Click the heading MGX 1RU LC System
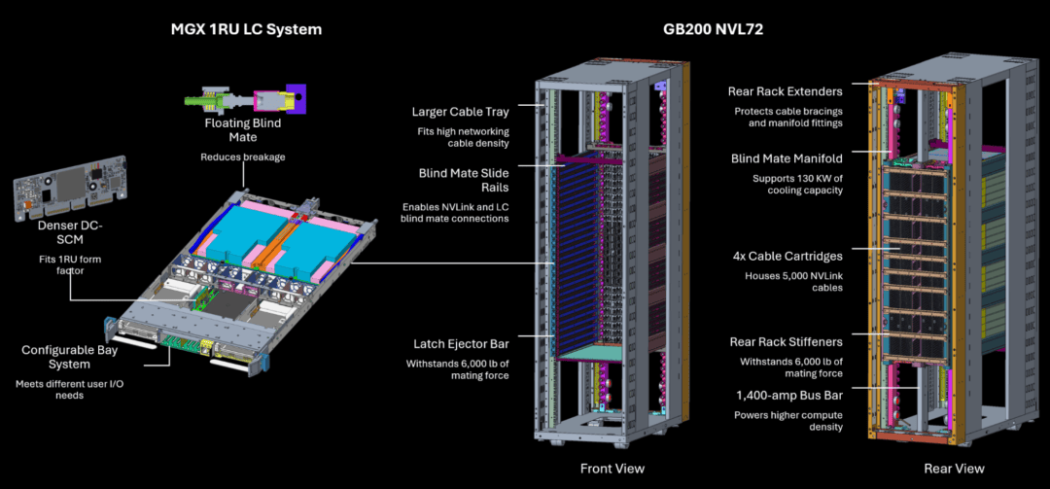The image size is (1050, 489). [246, 29]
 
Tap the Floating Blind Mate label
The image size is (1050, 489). [242, 130]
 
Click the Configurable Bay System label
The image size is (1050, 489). [69, 357]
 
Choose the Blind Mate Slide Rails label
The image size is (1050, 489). [456, 180]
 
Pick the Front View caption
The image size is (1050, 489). [612, 469]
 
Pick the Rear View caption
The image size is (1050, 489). [954, 469]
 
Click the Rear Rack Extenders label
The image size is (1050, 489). [786, 91]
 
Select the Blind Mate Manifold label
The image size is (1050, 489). [787, 158]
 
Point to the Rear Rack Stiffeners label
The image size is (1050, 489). [786, 342]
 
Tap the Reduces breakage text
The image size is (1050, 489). [242, 157]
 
